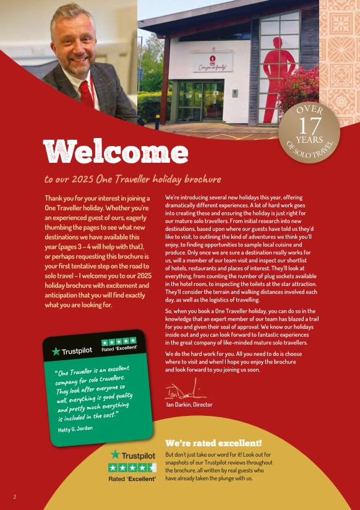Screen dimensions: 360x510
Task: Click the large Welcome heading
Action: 115,152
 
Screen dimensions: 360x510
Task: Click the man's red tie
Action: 86,92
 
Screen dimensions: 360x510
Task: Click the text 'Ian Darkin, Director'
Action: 189,405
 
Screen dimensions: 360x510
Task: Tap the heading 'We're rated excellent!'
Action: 213,443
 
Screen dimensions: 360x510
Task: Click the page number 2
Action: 15,496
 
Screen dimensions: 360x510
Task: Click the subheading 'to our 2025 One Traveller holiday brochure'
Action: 132,179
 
